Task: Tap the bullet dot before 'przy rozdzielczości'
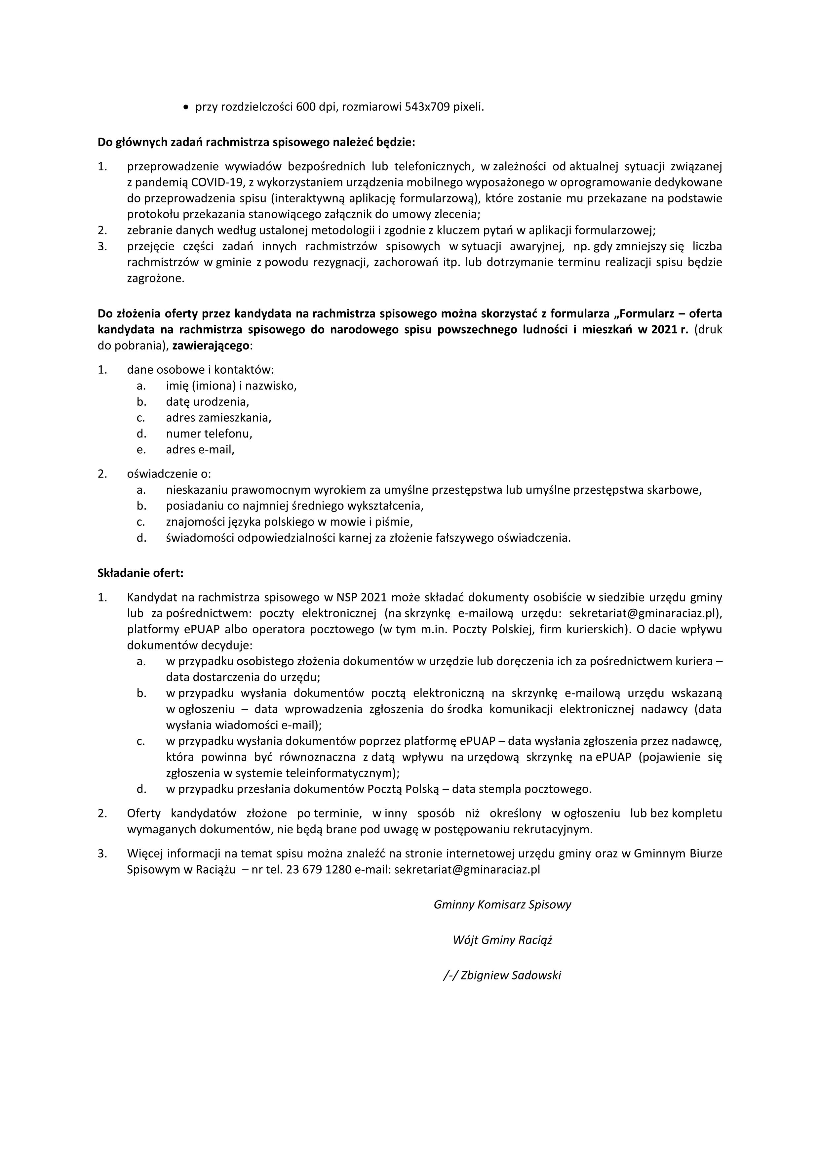point(186,107)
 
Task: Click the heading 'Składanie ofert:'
point(140,573)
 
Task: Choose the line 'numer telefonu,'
point(209,434)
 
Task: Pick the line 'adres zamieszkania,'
point(218,418)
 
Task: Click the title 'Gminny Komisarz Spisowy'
point(502,904)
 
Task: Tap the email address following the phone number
point(467,869)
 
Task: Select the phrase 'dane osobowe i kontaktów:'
point(201,370)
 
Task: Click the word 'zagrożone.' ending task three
point(156,278)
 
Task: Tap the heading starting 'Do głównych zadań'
point(256,143)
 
